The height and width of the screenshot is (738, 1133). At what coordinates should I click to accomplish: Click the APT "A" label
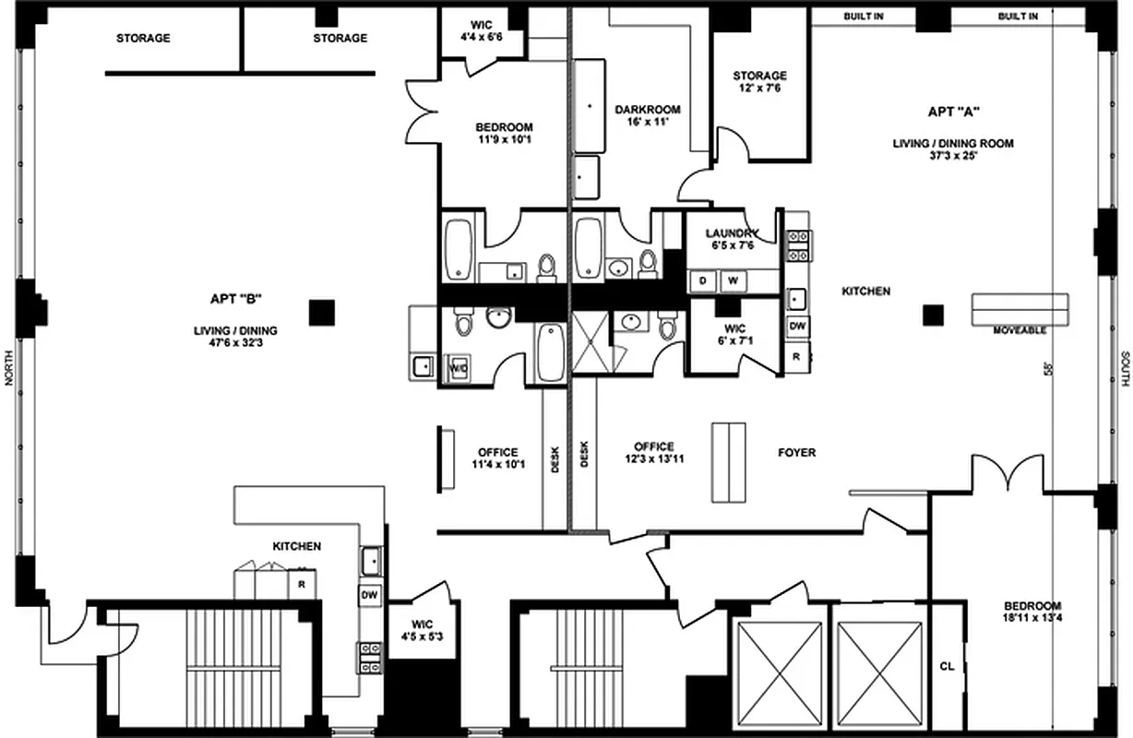coord(952,112)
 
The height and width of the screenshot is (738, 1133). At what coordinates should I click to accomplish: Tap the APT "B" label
coord(236,298)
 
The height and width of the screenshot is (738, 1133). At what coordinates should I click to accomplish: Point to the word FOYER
coord(796,453)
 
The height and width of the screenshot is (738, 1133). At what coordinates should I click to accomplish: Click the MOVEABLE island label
coord(1019,330)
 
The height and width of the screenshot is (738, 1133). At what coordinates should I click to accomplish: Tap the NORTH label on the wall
coord(9,368)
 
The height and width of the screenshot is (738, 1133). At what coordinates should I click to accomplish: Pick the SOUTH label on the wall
coord(1125,368)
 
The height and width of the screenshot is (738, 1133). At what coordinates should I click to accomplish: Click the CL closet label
coord(946,665)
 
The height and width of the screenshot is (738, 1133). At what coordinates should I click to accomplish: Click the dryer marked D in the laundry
coord(703,280)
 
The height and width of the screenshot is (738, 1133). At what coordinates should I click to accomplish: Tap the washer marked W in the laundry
coord(734,280)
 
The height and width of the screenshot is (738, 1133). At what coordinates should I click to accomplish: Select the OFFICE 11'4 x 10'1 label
coord(498,458)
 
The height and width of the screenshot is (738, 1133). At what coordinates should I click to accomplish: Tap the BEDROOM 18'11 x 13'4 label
coord(1032,612)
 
